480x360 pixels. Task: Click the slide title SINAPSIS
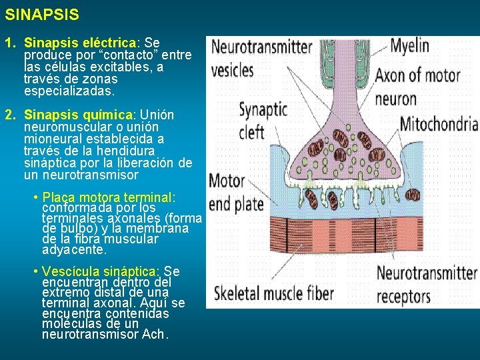42,14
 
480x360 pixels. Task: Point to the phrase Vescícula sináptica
100,271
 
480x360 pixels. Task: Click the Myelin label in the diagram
409,47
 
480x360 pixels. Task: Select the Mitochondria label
439,125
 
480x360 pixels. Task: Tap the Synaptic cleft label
262,121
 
